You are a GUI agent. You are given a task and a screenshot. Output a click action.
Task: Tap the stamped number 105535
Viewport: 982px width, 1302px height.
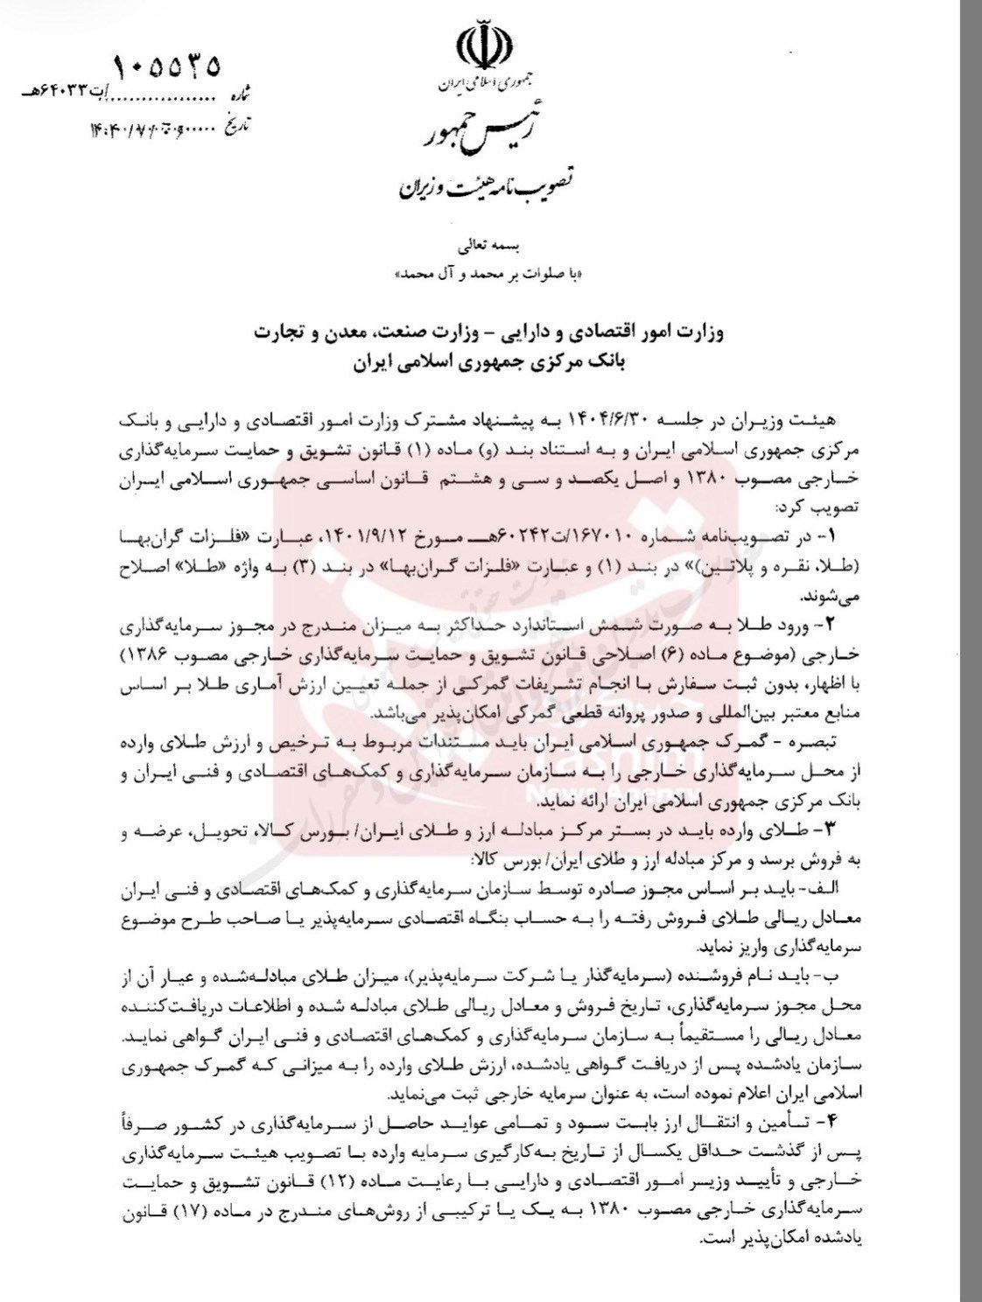click(x=167, y=66)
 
